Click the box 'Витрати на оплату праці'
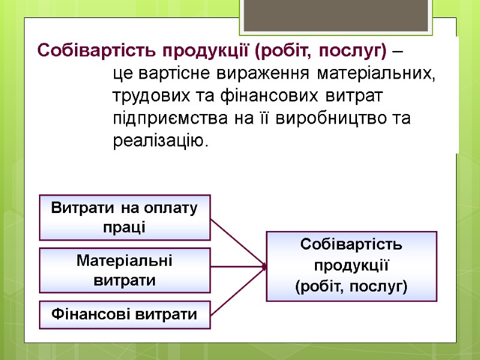[125, 217]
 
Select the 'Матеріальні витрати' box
[125, 270]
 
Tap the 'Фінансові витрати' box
[125, 314]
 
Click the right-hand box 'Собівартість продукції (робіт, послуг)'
[351, 266]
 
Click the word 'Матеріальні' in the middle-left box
[124, 261]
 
